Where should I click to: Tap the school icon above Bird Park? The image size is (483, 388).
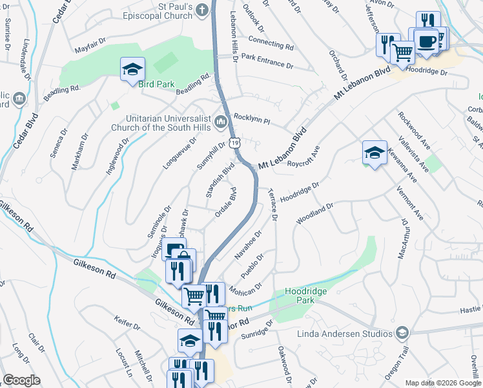pyautogui.click(x=132, y=69)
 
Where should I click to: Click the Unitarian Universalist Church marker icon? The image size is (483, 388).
pyautogui.click(x=220, y=122)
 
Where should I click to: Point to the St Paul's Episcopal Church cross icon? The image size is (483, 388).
pyautogui.click(x=203, y=10)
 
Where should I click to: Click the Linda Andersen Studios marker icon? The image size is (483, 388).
pyautogui.click(x=402, y=333)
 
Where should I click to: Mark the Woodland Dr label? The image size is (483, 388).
pyautogui.click(x=314, y=213)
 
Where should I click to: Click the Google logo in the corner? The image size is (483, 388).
pyautogui.click(x=21, y=380)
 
